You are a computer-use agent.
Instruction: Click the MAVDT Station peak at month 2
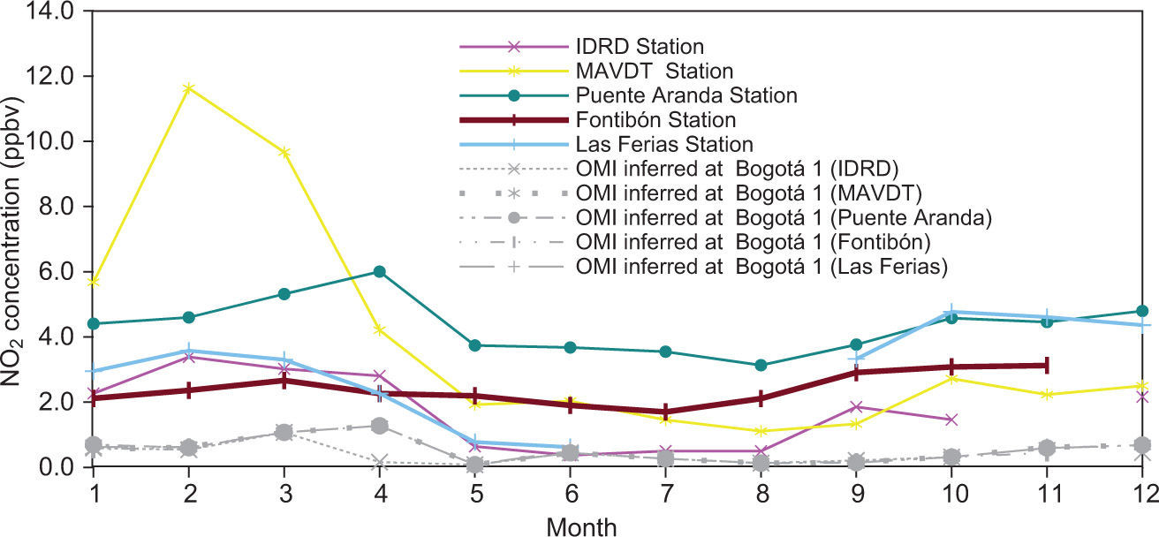189,88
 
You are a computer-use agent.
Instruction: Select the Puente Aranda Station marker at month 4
380,271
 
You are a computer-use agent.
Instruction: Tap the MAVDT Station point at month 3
284,152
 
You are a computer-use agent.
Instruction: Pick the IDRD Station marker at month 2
189,356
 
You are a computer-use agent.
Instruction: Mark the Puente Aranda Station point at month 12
1142,311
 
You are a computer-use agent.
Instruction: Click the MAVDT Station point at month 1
94,282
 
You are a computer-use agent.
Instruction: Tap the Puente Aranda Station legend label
686,95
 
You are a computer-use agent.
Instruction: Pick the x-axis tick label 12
1142,489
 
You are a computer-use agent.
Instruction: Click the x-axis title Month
581,525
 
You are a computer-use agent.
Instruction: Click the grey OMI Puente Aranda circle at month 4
380,426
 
